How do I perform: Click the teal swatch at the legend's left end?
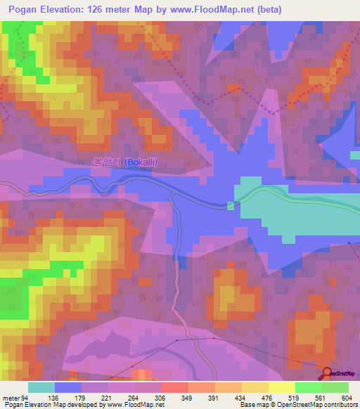pos(41,387)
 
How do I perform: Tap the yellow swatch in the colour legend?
pos(281,387)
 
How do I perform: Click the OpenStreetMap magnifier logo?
pos(327,373)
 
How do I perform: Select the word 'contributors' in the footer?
pos(340,405)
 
